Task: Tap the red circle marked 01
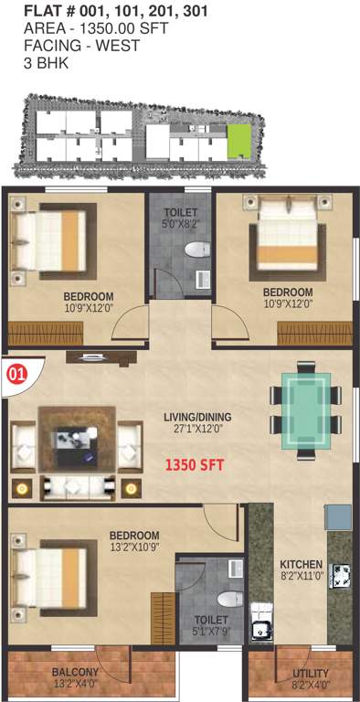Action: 16,373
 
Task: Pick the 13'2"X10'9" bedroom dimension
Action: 134,548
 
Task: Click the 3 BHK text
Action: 45,64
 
